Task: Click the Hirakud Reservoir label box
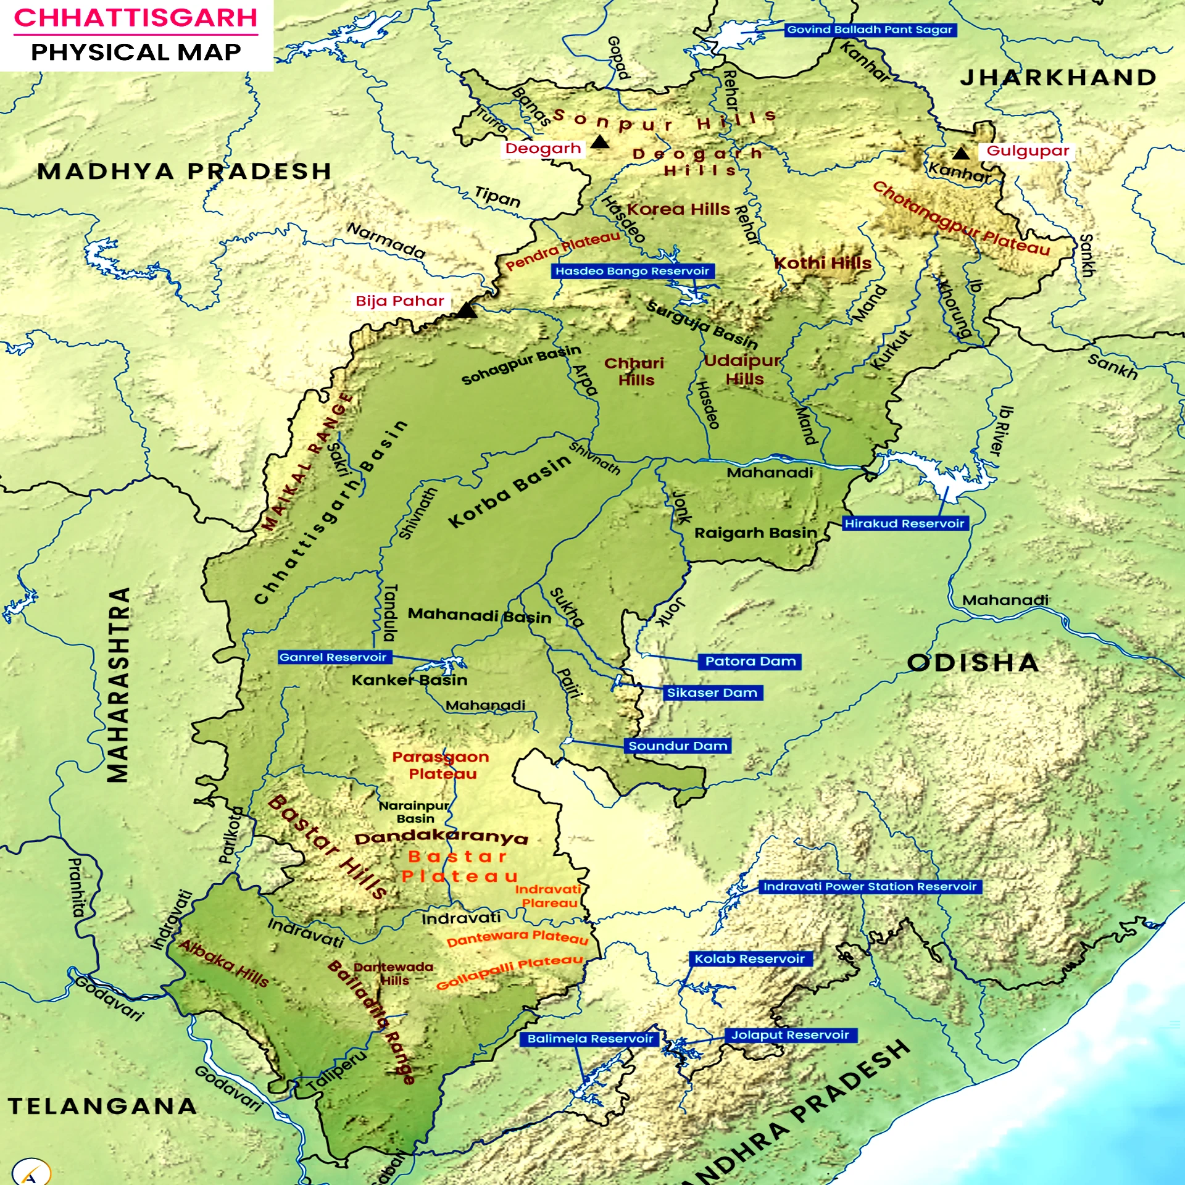click(904, 523)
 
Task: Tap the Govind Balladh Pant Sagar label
click(870, 30)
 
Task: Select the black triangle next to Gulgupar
click(961, 152)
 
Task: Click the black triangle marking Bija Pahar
click(467, 310)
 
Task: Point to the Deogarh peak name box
click(543, 148)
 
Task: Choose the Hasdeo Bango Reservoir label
click(632, 271)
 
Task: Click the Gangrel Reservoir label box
click(333, 657)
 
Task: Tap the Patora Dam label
click(750, 662)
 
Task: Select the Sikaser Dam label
click(712, 692)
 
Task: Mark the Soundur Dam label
click(678, 746)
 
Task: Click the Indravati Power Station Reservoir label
click(870, 886)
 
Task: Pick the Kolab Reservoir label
click(749, 958)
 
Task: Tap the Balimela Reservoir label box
click(590, 1039)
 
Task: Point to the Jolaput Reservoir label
click(791, 1035)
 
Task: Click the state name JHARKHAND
click(1058, 78)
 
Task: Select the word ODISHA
click(973, 663)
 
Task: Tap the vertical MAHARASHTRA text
click(118, 685)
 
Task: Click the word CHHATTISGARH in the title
click(136, 17)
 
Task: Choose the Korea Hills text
click(678, 209)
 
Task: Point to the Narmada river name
click(386, 241)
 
